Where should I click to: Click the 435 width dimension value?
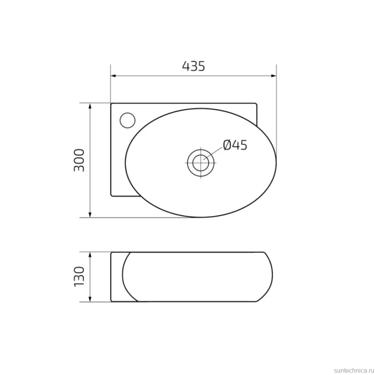click(193, 66)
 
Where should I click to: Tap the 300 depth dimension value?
click(79, 160)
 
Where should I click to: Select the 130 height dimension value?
click(79, 277)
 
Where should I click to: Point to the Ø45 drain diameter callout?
click(235, 145)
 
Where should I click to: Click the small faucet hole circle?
click(128, 120)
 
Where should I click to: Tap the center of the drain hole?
click(201, 163)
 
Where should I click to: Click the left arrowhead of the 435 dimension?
click(113, 76)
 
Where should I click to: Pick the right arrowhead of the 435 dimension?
click(274, 76)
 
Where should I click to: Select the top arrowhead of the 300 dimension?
click(90, 106)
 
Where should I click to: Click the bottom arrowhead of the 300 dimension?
click(90, 215)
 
